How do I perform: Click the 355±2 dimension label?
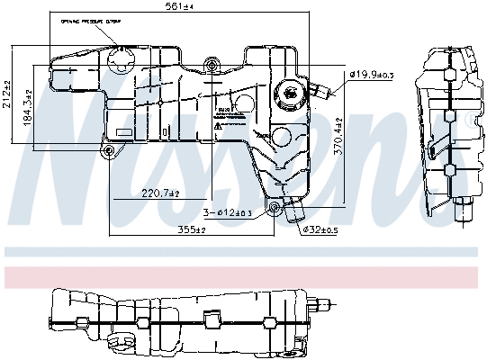pyautogui.click(x=190, y=230)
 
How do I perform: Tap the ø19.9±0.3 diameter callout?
pyautogui.click(x=372, y=74)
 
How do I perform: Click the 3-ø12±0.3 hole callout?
pyautogui.click(x=227, y=212)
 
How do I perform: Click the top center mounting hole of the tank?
pyautogui.click(x=212, y=63)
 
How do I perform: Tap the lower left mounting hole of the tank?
pyautogui.click(x=110, y=150)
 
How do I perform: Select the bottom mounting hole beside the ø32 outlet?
pyautogui.click(x=275, y=211)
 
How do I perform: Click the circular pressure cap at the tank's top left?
pyautogui.click(x=121, y=63)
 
